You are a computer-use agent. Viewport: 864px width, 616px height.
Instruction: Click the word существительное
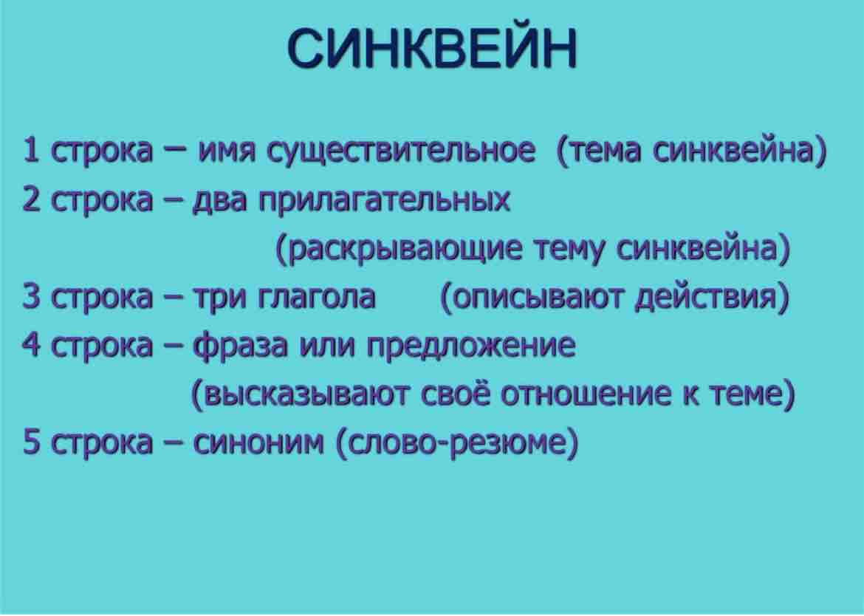coord(400,151)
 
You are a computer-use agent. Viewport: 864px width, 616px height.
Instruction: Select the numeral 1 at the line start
coord(31,150)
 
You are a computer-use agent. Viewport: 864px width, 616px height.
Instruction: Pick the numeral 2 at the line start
coord(31,199)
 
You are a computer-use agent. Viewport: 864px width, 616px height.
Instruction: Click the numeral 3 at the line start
coord(31,296)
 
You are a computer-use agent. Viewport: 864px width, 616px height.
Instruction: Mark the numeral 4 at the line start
coord(31,344)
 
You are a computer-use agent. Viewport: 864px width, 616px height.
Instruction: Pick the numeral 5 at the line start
coord(31,442)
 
